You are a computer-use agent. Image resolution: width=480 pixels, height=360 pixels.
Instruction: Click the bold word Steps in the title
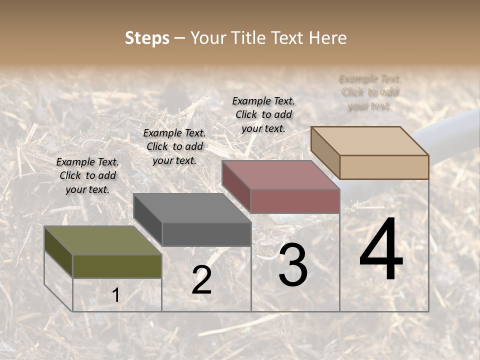click(147, 38)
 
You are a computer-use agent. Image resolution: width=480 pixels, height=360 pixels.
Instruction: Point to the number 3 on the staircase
click(292, 265)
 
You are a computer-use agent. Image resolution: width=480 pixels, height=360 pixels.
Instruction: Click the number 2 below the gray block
click(201, 280)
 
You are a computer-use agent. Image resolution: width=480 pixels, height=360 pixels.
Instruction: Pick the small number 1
click(115, 295)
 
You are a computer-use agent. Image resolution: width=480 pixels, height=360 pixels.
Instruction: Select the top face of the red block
click(280, 175)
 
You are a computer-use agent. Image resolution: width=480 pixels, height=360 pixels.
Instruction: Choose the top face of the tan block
click(369, 140)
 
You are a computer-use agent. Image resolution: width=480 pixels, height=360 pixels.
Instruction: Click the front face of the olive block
click(117, 266)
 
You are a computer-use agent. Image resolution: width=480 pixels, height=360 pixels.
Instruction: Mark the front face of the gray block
click(206, 234)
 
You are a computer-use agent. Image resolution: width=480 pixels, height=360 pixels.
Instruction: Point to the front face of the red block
click(295, 201)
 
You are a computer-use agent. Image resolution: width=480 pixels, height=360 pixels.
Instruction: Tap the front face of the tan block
click(384, 167)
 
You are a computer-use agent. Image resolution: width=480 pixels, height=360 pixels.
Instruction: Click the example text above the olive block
click(87, 175)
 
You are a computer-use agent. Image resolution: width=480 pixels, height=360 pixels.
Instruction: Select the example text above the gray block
click(174, 146)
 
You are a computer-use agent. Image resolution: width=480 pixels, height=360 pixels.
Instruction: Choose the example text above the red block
click(263, 114)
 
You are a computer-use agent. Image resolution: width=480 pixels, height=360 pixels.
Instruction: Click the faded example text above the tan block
click(370, 92)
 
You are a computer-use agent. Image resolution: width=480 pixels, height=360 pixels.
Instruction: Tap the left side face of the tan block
click(325, 152)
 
